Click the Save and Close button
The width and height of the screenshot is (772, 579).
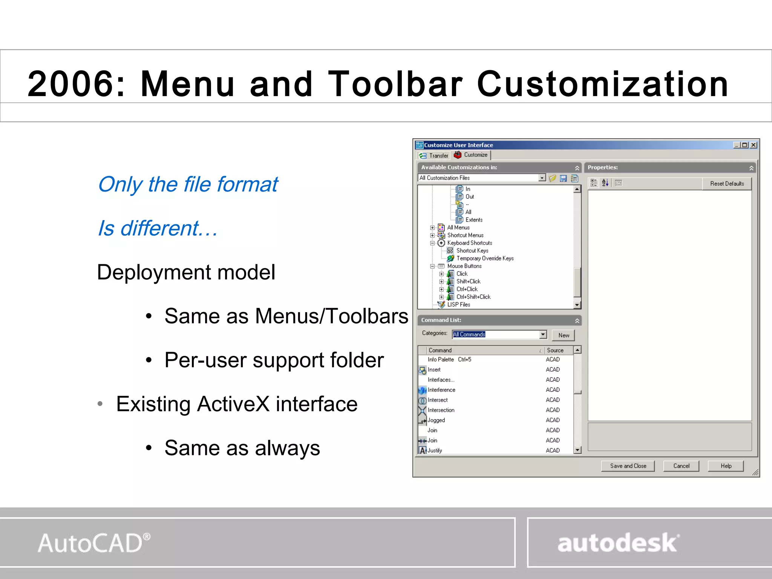pos(628,466)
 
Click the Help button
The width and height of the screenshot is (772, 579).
pos(726,466)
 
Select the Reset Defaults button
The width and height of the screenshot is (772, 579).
pos(727,184)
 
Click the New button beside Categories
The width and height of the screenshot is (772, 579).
pos(564,335)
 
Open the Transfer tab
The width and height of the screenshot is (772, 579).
pos(434,155)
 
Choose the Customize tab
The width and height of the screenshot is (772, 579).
pos(472,155)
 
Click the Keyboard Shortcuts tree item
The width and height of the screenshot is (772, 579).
pos(469,243)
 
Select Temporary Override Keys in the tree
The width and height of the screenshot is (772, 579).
pos(485,258)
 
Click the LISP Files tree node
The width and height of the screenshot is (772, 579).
pos(458,305)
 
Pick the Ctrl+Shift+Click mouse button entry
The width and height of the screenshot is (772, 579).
pos(473,297)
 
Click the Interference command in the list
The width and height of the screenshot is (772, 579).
pos(441,390)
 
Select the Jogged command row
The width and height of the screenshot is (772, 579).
pos(436,420)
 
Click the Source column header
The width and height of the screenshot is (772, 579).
pos(555,350)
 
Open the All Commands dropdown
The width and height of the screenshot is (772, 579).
pos(543,334)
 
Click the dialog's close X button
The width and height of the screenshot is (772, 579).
pos(753,145)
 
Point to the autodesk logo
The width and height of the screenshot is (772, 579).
pos(618,543)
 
